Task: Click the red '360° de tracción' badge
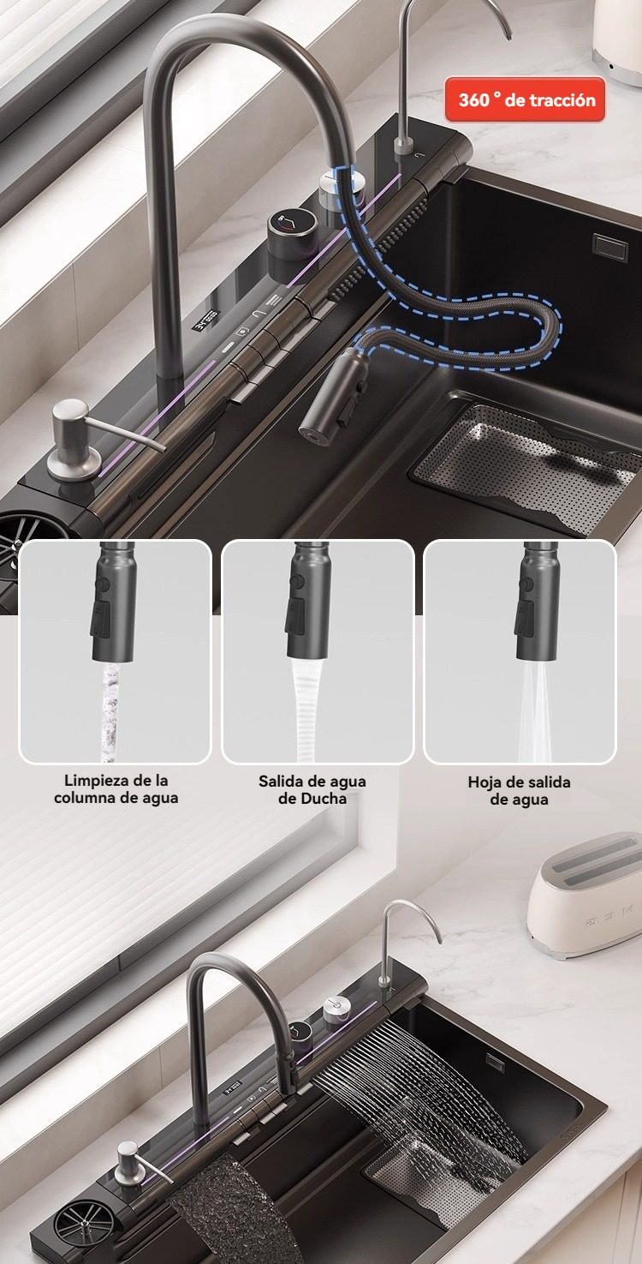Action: (525, 100)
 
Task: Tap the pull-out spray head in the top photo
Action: (334, 396)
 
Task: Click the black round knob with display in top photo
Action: (290, 239)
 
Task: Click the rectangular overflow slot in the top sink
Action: (609, 248)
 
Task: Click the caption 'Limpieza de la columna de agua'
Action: (116, 789)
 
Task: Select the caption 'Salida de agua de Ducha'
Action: (312, 789)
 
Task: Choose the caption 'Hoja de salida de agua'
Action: (519, 791)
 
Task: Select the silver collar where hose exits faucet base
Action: (341, 189)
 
